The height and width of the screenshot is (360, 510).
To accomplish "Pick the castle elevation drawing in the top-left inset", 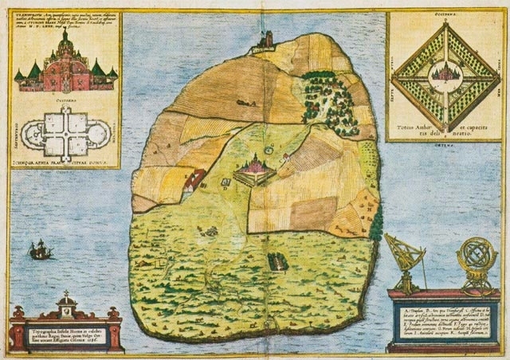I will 66,72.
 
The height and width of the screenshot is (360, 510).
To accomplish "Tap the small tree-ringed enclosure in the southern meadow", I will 277,260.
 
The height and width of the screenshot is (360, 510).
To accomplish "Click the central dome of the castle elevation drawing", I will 66,44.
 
